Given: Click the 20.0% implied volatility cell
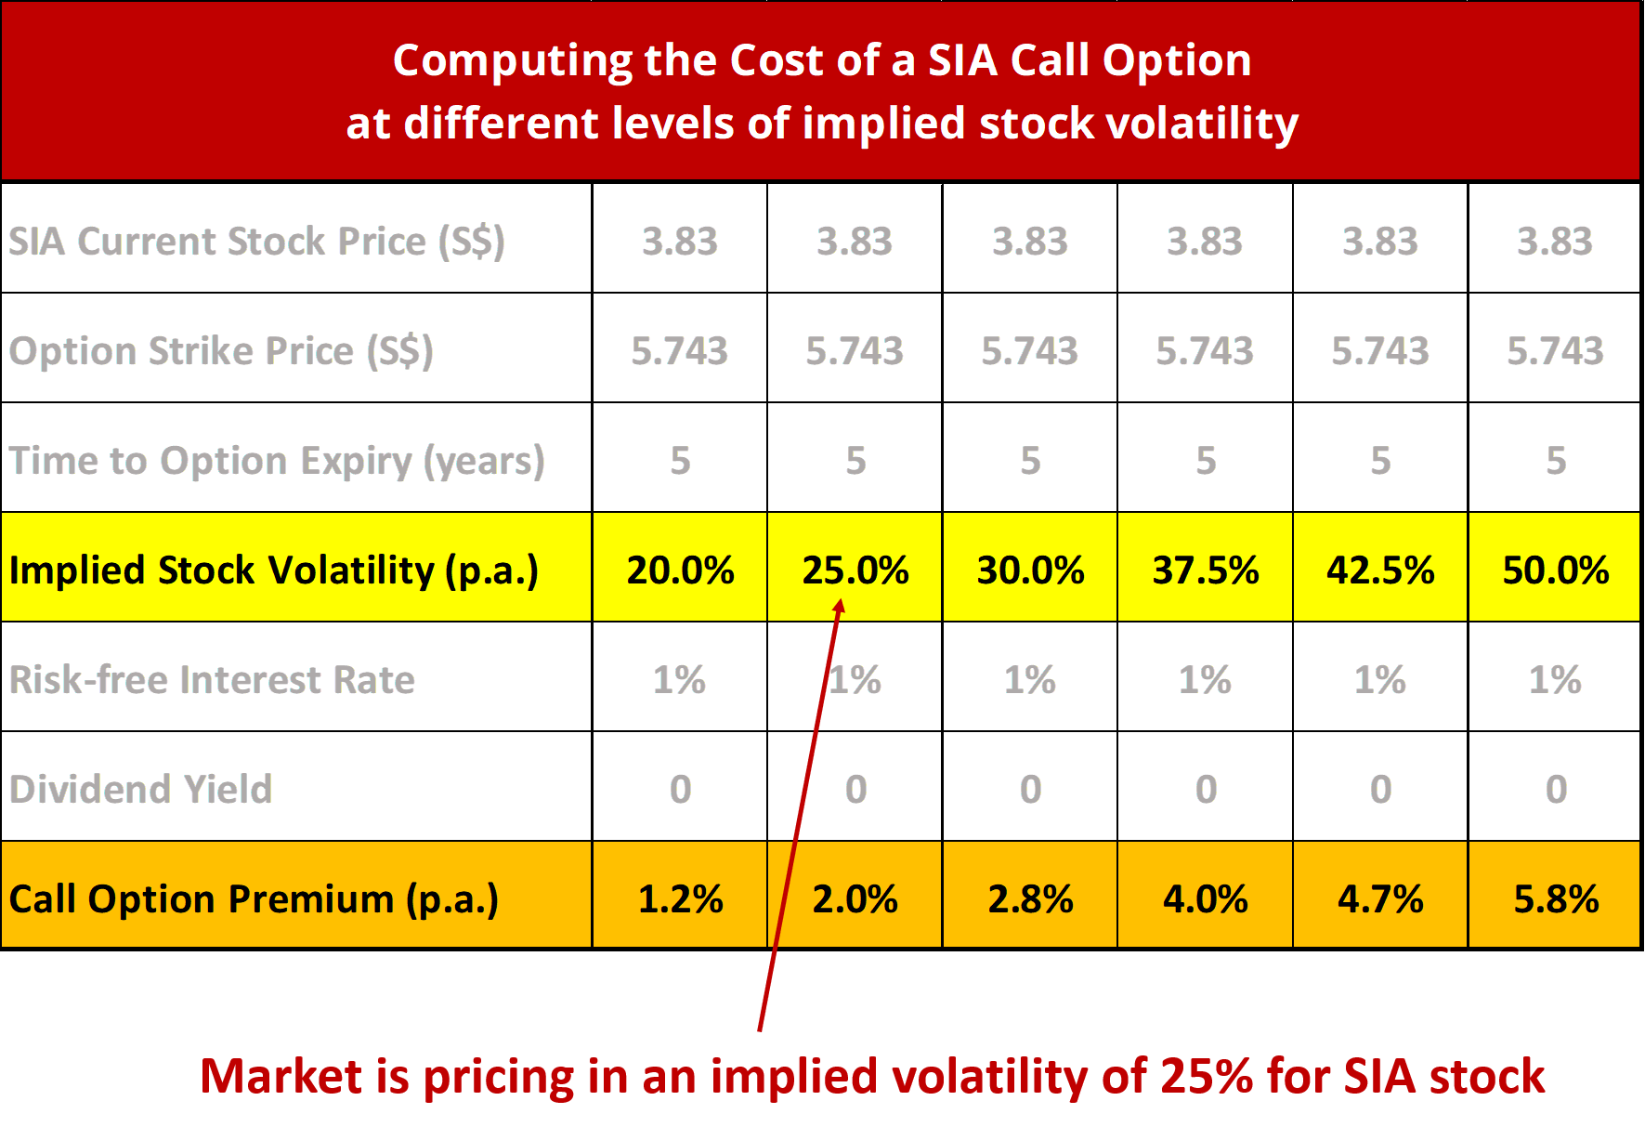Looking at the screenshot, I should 680,570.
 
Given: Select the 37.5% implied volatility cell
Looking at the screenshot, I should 1205,570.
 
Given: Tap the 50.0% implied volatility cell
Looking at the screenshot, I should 1555,570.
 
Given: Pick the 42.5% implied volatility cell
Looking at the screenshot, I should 1380,570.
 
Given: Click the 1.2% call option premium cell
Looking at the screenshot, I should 680,898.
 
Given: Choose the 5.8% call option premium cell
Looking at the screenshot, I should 1555,898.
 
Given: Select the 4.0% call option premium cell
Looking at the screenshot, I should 1205,898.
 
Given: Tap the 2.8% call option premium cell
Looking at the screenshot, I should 1030,898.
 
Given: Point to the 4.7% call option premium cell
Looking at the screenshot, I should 1380,898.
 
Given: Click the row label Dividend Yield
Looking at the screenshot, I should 140,789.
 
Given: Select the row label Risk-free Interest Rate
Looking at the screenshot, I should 212,679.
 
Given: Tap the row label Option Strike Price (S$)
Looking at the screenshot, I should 221,351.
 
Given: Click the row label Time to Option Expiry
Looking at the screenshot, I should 276,461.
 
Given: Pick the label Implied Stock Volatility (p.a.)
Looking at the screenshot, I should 273,570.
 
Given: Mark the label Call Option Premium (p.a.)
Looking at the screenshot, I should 254,898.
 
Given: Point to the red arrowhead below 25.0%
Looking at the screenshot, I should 839,607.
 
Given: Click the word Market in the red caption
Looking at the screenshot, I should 280,1076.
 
